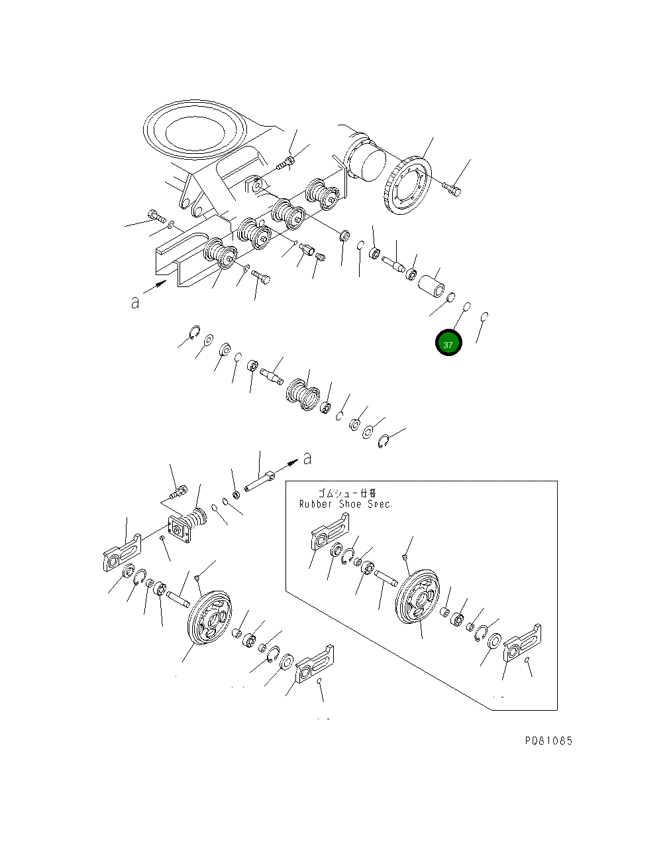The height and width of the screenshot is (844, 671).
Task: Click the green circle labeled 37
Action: click(x=448, y=343)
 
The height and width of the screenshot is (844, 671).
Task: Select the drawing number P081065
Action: click(x=548, y=741)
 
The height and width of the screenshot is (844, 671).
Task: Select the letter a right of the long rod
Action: click(x=307, y=458)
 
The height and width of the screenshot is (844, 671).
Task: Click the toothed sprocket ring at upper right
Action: click(x=405, y=186)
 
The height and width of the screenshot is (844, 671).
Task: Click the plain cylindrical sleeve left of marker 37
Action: click(x=429, y=286)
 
